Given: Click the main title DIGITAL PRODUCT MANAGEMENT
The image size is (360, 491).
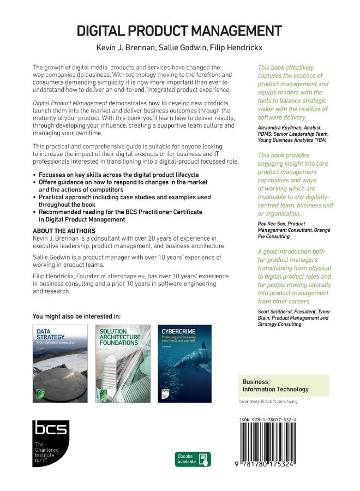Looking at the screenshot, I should [179, 30].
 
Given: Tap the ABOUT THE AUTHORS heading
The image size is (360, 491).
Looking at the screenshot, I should [64, 231].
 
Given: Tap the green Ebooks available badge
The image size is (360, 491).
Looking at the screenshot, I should [193, 459].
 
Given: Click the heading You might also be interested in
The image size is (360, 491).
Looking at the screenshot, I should [76, 316].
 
